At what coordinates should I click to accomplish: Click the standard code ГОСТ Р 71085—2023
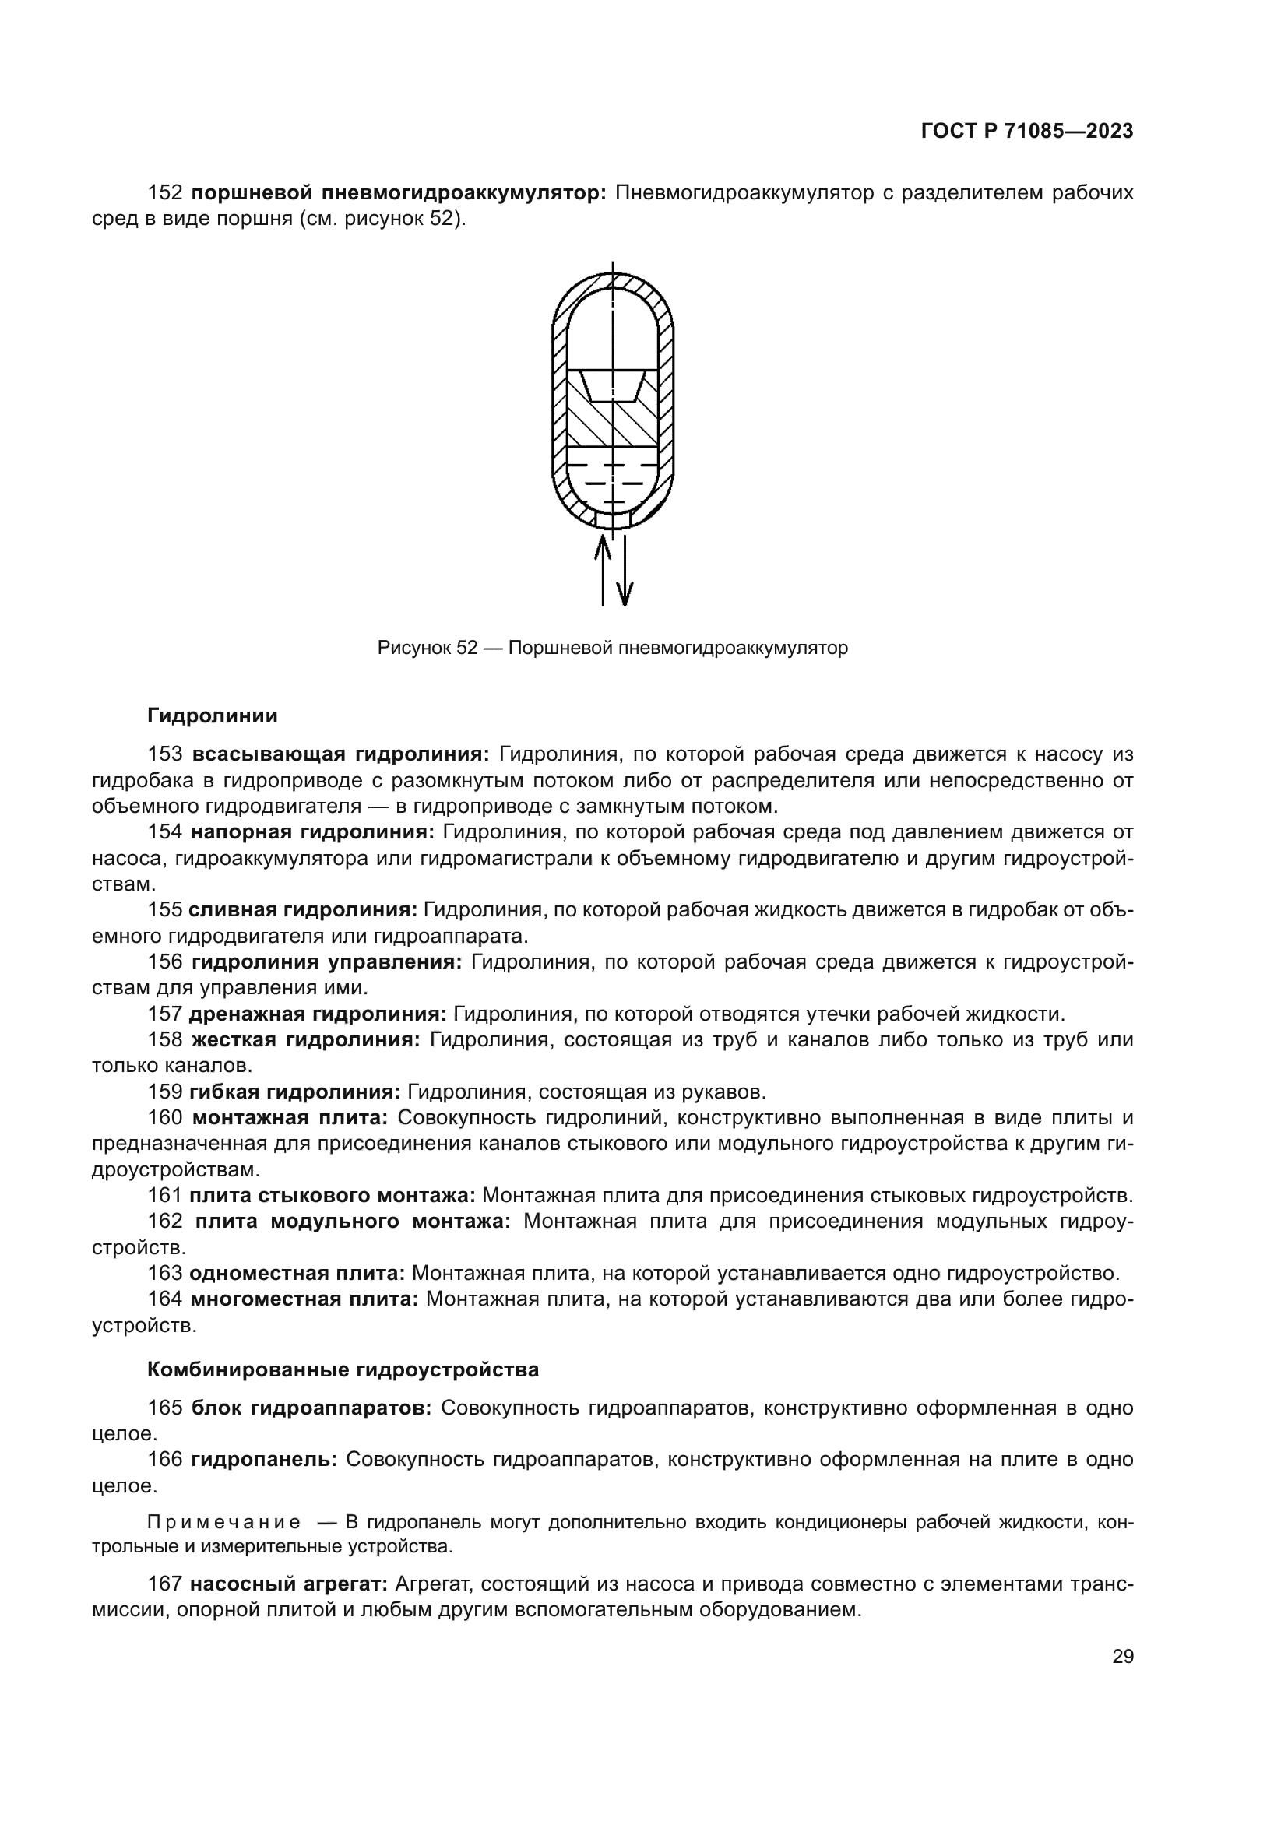point(1026,132)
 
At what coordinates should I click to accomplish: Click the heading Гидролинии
point(213,716)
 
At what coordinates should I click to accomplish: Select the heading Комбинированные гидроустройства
point(343,1369)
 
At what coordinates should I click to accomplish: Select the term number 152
point(165,193)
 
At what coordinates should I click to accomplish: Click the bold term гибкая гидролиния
point(295,1092)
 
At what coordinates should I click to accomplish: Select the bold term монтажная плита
point(290,1118)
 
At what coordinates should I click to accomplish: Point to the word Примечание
point(223,1522)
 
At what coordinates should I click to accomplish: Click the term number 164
point(165,1299)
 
